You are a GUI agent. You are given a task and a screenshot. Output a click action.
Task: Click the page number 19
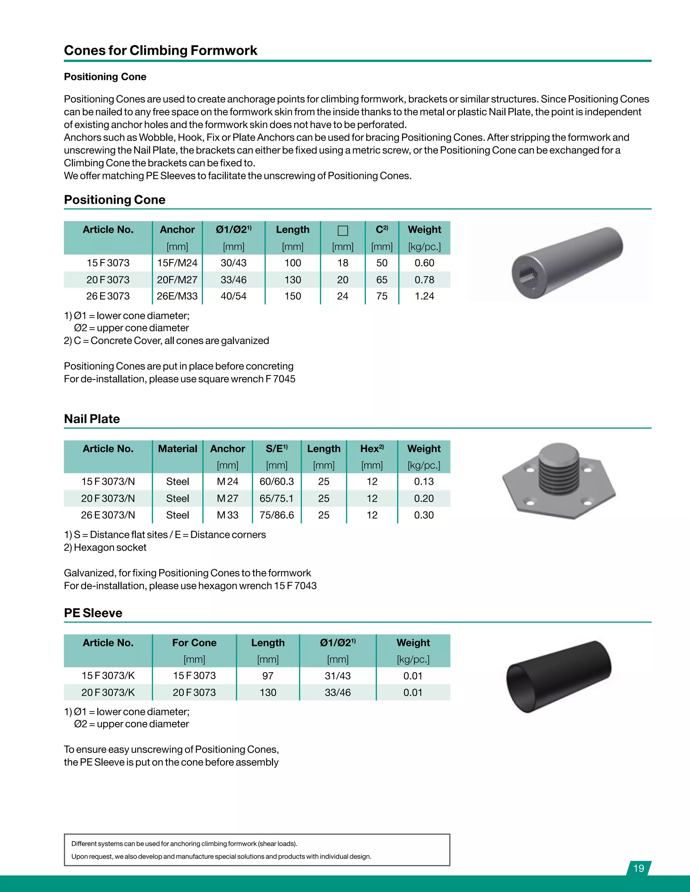click(x=638, y=868)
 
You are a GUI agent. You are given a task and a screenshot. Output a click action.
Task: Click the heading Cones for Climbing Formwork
click(x=161, y=50)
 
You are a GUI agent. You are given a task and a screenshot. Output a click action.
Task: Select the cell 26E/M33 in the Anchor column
click(x=177, y=296)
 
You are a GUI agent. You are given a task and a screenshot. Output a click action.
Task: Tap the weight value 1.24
click(x=424, y=296)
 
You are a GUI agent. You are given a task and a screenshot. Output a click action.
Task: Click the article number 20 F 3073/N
click(x=108, y=498)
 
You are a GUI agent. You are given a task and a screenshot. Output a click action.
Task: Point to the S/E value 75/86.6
click(x=277, y=515)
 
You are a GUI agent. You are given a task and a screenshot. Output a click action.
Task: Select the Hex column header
click(x=372, y=448)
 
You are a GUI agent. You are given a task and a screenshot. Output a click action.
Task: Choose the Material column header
click(x=178, y=448)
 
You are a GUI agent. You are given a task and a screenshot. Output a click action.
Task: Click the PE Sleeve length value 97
click(x=268, y=676)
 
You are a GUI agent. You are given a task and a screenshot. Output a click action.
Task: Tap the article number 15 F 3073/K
click(x=108, y=676)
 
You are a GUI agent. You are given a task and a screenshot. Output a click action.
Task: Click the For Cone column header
click(x=194, y=643)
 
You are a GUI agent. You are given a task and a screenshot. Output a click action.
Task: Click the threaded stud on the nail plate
click(x=559, y=470)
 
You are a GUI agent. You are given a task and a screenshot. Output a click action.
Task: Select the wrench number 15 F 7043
click(x=295, y=586)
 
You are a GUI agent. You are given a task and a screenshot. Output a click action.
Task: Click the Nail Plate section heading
click(x=92, y=419)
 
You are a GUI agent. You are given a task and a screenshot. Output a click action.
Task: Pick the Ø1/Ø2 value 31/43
click(x=338, y=676)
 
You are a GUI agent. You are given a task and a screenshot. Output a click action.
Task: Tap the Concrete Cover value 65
click(x=381, y=280)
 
